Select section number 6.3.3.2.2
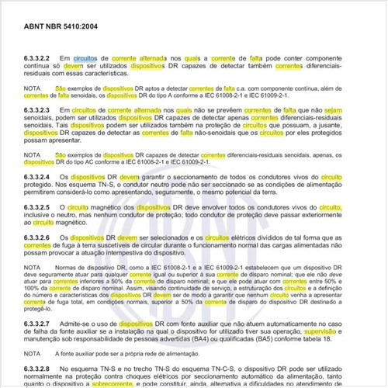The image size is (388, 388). tap(39, 58)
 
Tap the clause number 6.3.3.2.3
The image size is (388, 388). tap(39, 110)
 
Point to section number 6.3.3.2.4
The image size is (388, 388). tap(39, 177)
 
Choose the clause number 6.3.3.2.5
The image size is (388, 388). tap(39, 209)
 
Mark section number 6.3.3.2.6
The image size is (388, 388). tap(39, 235)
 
